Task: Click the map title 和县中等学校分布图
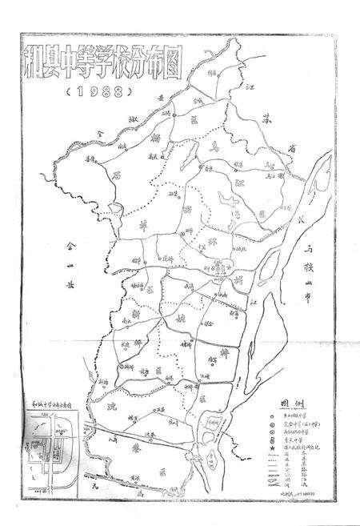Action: (114, 63)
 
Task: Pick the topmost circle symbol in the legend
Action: (277, 417)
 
